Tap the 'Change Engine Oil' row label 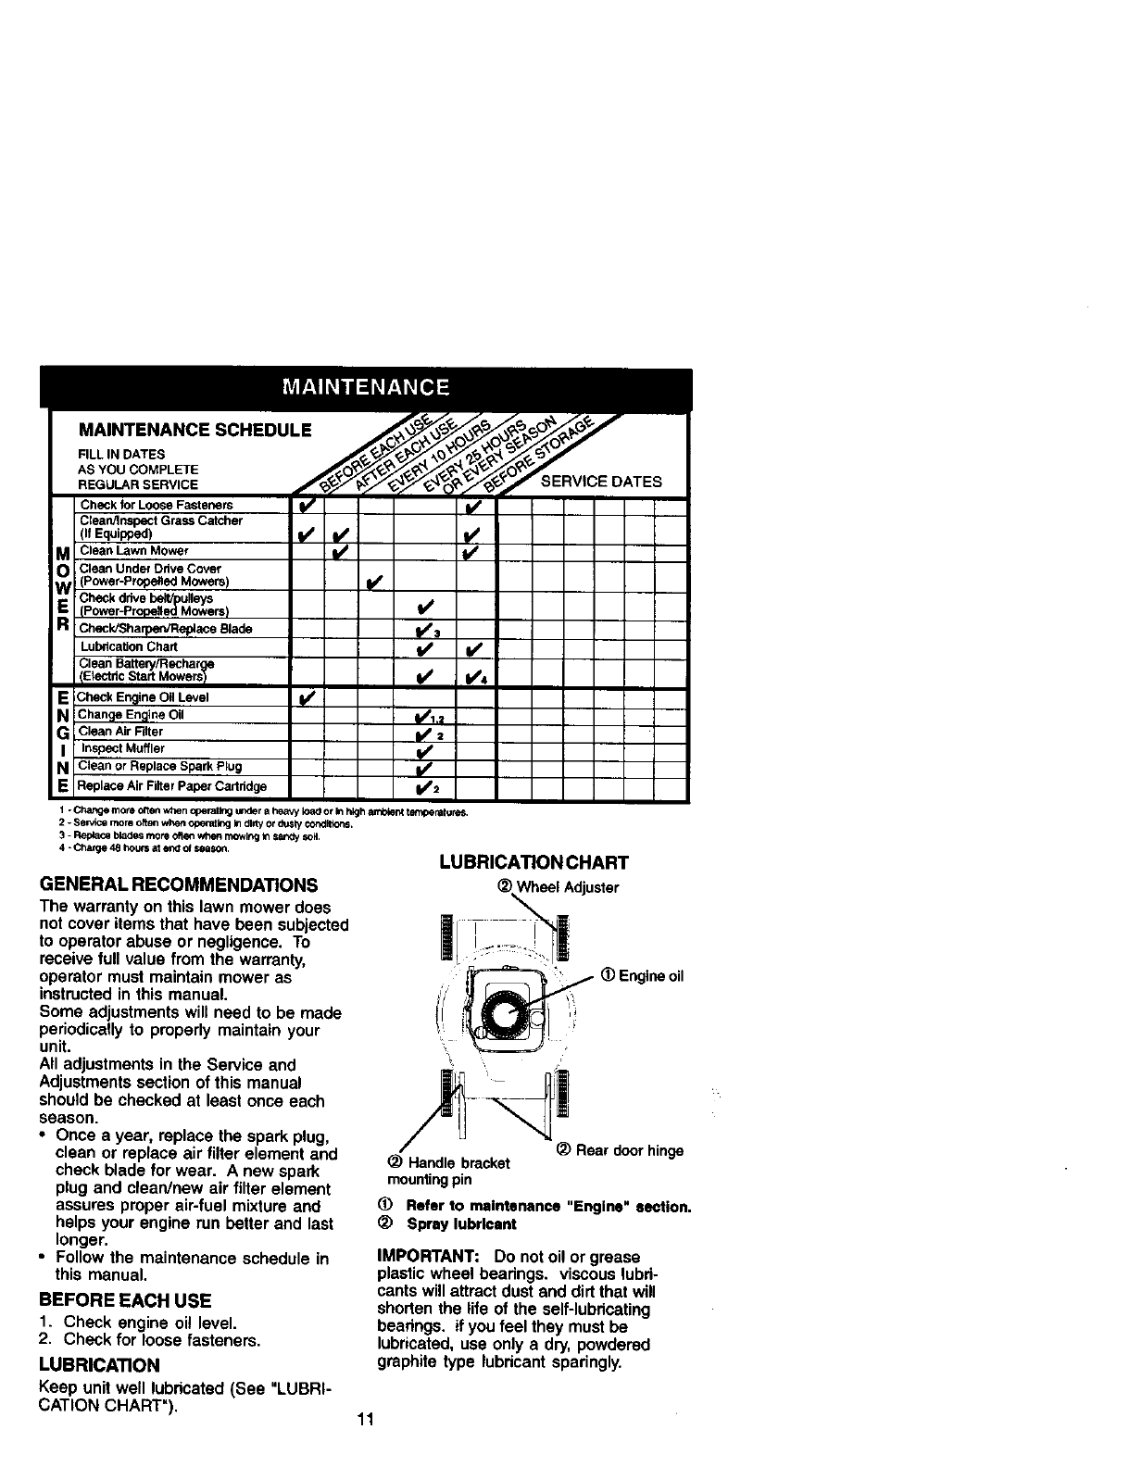(x=131, y=714)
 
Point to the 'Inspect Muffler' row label (x=122, y=748)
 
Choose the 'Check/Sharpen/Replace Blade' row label (x=166, y=629)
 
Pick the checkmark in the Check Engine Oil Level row (x=307, y=696)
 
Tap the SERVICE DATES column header (x=601, y=482)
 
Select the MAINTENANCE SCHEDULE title (x=194, y=431)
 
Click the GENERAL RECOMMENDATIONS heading (x=179, y=884)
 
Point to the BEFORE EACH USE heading (x=126, y=1299)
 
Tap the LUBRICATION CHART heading (x=534, y=863)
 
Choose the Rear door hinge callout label (x=621, y=1151)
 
